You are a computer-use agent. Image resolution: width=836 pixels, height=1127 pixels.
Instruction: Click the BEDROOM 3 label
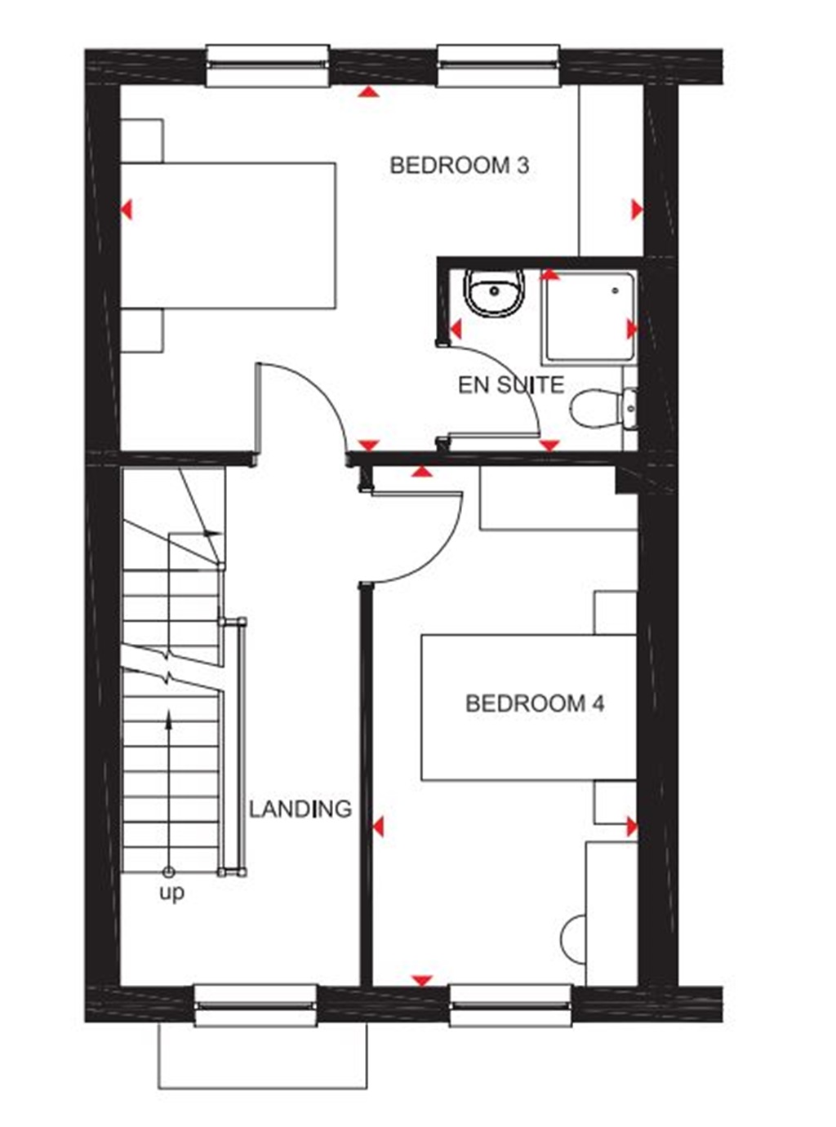pos(459,166)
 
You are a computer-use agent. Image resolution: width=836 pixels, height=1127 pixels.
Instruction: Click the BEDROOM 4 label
pos(535,703)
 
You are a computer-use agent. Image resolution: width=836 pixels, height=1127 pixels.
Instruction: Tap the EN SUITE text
pos(511,384)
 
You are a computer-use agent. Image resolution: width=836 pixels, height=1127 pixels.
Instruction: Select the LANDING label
pos(300,810)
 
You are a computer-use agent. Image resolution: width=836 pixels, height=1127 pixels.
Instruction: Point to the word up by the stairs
pos(171,893)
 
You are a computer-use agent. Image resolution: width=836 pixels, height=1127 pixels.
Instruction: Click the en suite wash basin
pos(493,291)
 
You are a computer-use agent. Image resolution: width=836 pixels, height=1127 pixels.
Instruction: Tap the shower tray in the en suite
pos(589,317)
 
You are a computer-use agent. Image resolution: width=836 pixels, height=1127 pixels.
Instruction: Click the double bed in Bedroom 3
pos(229,236)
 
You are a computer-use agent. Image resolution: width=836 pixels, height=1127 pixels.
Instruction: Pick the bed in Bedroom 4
pos(528,707)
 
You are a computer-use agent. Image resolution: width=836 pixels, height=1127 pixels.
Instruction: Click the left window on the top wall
pos(267,66)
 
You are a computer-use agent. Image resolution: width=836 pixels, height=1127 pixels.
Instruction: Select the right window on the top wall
pos(499,66)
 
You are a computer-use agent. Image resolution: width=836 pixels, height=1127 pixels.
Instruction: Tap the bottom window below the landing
pos(256,1005)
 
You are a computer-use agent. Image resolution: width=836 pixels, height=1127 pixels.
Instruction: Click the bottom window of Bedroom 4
pos(510,1005)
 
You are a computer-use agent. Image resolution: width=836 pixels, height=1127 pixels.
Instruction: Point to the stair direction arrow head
pos(169,717)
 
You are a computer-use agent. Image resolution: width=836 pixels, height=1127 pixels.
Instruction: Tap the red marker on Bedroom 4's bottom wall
pos(421,980)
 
